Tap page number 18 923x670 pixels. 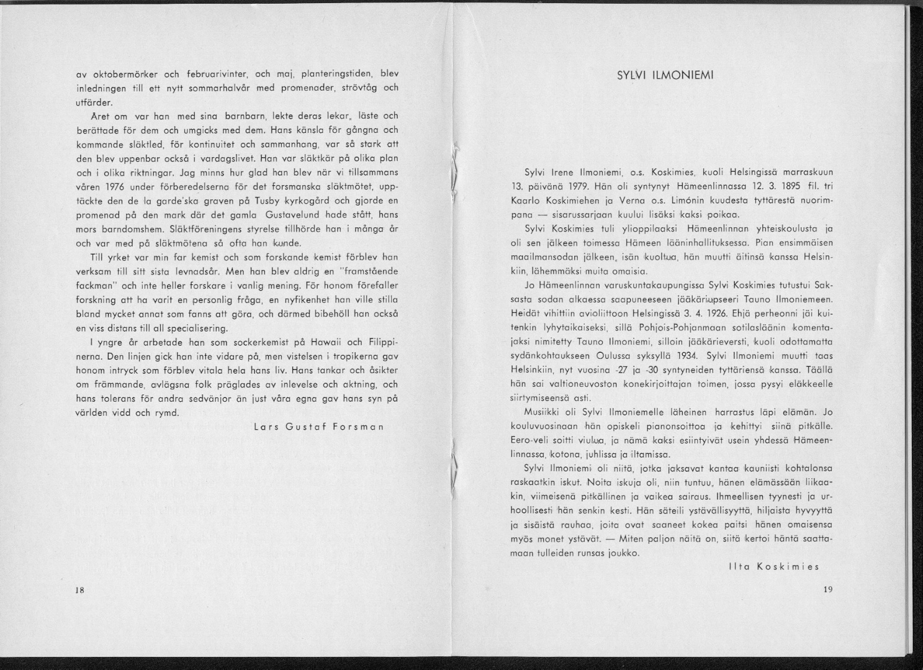pos(79,590)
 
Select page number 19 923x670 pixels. pos(828,590)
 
